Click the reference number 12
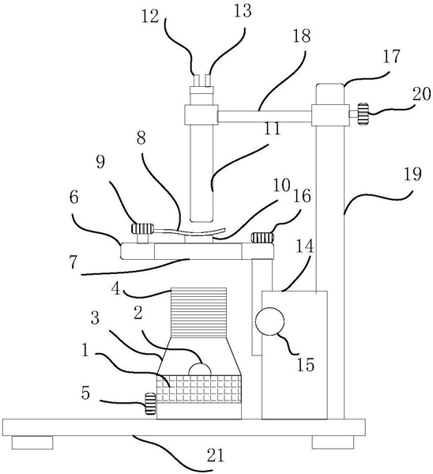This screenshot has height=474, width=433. click(x=150, y=17)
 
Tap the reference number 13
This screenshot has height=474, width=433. click(x=243, y=11)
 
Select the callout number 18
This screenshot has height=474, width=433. click(x=302, y=36)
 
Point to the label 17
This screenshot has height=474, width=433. click(x=392, y=57)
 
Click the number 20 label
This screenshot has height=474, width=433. click(x=421, y=94)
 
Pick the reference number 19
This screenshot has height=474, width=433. click(x=412, y=175)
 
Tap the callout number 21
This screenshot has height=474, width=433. click(x=215, y=456)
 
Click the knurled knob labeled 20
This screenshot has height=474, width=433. click(x=363, y=114)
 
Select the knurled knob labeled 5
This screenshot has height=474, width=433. click(x=151, y=403)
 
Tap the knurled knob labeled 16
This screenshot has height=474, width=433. click(x=262, y=237)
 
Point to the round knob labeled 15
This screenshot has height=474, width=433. click(x=269, y=322)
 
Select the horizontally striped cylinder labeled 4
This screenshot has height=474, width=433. click(x=198, y=313)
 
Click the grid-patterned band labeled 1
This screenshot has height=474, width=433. click(x=198, y=389)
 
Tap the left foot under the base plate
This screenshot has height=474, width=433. click(x=32, y=442)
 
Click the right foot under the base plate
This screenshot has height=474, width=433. click(x=333, y=442)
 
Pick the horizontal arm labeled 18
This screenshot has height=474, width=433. click(x=265, y=116)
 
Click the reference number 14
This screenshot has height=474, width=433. click(x=305, y=246)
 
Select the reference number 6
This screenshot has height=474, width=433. click(x=73, y=197)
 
